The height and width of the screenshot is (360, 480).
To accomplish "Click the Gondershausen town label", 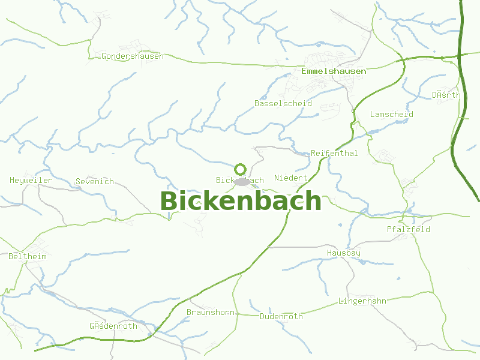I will point(133,56).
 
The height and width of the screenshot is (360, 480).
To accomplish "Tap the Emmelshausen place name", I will point(334,71).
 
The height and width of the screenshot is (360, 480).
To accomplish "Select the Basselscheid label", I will point(283,104).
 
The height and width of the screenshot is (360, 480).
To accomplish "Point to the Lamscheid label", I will point(392,115).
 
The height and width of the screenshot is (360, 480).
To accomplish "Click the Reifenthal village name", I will point(334,154).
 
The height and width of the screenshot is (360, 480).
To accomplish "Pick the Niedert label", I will point(291,178).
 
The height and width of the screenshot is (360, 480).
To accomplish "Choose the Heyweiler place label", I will point(31,181).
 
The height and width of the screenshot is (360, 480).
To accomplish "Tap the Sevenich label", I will point(95,182).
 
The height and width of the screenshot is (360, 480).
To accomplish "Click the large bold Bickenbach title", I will point(241,201).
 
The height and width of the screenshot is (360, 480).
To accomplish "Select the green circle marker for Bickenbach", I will point(241,169).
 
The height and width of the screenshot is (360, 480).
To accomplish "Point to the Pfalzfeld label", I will point(409,230).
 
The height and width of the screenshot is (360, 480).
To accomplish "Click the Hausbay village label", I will point(344,253).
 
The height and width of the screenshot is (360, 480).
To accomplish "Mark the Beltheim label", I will point(28,257).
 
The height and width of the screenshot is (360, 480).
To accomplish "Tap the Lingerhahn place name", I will point(362,301).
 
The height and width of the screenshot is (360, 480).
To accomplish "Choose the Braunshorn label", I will point(210,313).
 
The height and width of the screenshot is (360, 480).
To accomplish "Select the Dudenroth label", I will point(281,316).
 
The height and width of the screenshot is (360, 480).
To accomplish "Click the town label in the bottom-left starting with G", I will point(113,326).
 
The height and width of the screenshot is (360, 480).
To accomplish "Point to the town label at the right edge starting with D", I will point(446,95).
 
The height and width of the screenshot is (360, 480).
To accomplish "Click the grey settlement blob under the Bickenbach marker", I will point(242,182).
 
